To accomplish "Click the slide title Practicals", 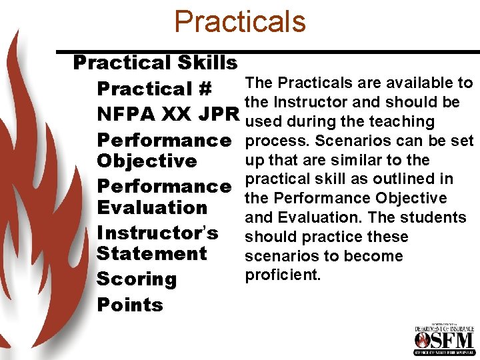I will tap(239, 21).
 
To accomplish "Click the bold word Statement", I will tap(152, 253).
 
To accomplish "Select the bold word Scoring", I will tap(137, 279).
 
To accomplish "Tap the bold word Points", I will tap(130, 305).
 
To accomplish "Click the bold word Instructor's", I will tap(157, 233).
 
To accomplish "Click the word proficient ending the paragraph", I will tap(283, 275).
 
